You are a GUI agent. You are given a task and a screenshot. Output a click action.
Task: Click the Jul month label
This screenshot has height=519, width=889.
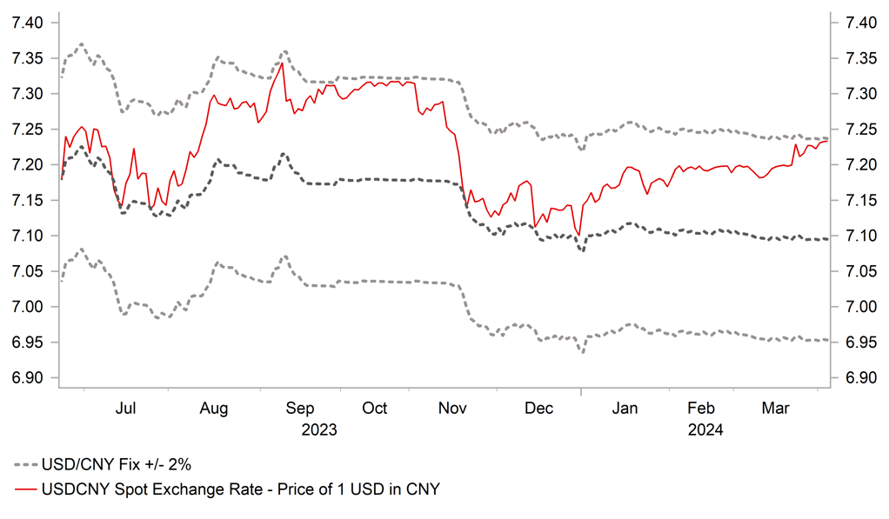(126, 408)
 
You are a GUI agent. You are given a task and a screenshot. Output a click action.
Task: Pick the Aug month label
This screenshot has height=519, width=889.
(214, 408)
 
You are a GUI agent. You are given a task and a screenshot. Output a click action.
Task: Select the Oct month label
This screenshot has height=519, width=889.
(375, 408)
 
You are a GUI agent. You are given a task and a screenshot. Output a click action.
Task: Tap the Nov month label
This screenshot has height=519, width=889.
(452, 408)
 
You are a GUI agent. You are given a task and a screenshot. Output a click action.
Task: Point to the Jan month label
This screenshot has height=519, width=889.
(625, 408)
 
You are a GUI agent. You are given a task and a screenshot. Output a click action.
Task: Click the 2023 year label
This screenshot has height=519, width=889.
(318, 429)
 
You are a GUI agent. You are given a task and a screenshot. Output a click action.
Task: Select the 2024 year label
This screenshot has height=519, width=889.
(705, 429)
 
